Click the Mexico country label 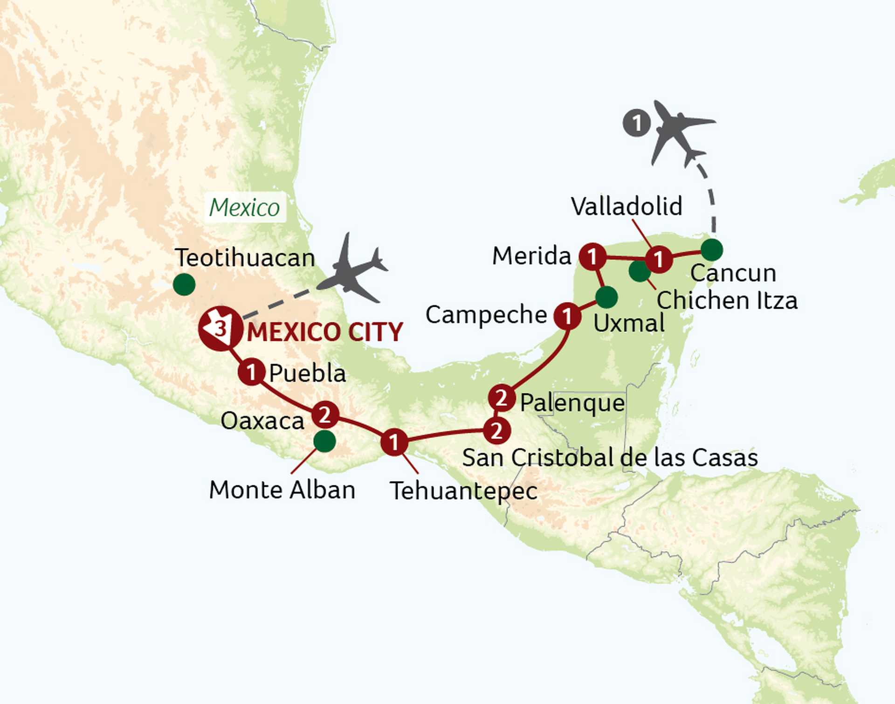coord(244,207)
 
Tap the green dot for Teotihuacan coord(184,284)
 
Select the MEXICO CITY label coord(325,332)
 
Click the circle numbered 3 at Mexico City coord(220,328)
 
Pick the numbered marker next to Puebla coord(251,372)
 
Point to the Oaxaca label coord(262,421)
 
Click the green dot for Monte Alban coord(324,441)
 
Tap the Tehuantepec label coord(464,491)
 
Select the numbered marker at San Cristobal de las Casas coord(497,430)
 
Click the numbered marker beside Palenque coord(502,398)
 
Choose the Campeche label coord(486,315)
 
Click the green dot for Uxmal coord(606,297)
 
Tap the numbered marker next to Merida coord(592,256)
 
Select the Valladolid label coord(626,206)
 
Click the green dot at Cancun coord(712,249)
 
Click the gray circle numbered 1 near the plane coord(637,123)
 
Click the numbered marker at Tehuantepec coord(394,442)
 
